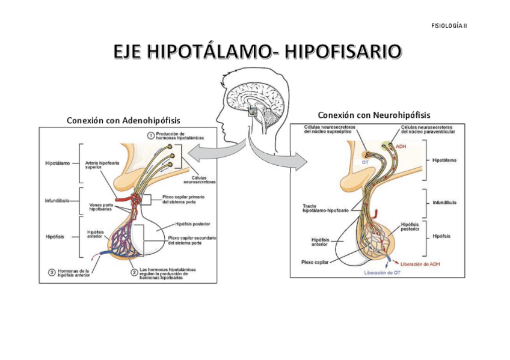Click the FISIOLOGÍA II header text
[449, 25]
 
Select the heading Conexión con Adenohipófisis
[123, 120]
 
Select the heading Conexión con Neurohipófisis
[374, 115]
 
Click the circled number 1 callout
[151, 135]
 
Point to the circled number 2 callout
[134, 272]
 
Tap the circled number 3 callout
[52, 272]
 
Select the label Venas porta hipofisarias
[100, 207]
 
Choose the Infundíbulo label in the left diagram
[58, 200]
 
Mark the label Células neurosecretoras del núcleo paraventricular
[428, 129]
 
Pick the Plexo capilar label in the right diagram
[316, 262]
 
